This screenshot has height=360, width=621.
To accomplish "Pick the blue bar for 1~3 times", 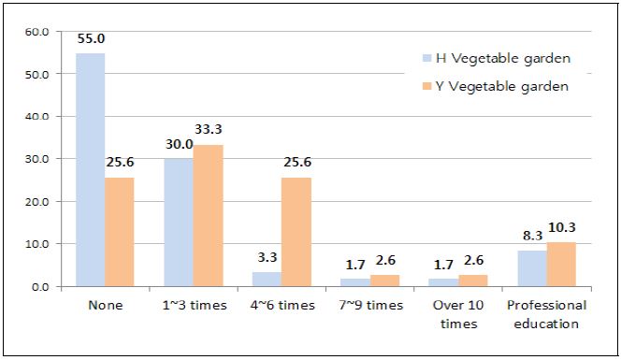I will point(180,223).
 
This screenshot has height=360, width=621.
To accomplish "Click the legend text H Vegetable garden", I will point(503,58).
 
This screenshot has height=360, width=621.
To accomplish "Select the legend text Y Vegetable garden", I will point(503,86).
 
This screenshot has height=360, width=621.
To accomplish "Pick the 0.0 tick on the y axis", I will point(40,287).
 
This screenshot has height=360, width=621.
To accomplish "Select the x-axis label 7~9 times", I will point(371,306).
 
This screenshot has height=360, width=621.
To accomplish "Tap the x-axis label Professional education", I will point(545,314).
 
